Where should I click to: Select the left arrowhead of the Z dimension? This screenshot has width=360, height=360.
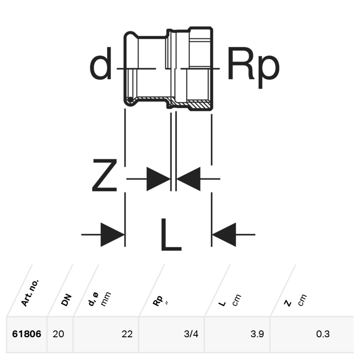(x=158, y=179)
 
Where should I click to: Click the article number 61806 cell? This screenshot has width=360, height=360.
(x=27, y=334)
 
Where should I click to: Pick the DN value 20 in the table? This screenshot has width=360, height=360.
(x=58, y=334)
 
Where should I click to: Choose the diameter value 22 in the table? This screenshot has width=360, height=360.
(x=127, y=334)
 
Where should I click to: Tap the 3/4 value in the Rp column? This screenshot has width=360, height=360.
(x=192, y=334)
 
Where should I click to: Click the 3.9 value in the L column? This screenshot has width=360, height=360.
(x=257, y=334)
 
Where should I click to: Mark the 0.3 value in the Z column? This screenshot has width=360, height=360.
(x=323, y=334)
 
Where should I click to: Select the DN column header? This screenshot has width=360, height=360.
(x=66, y=300)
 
